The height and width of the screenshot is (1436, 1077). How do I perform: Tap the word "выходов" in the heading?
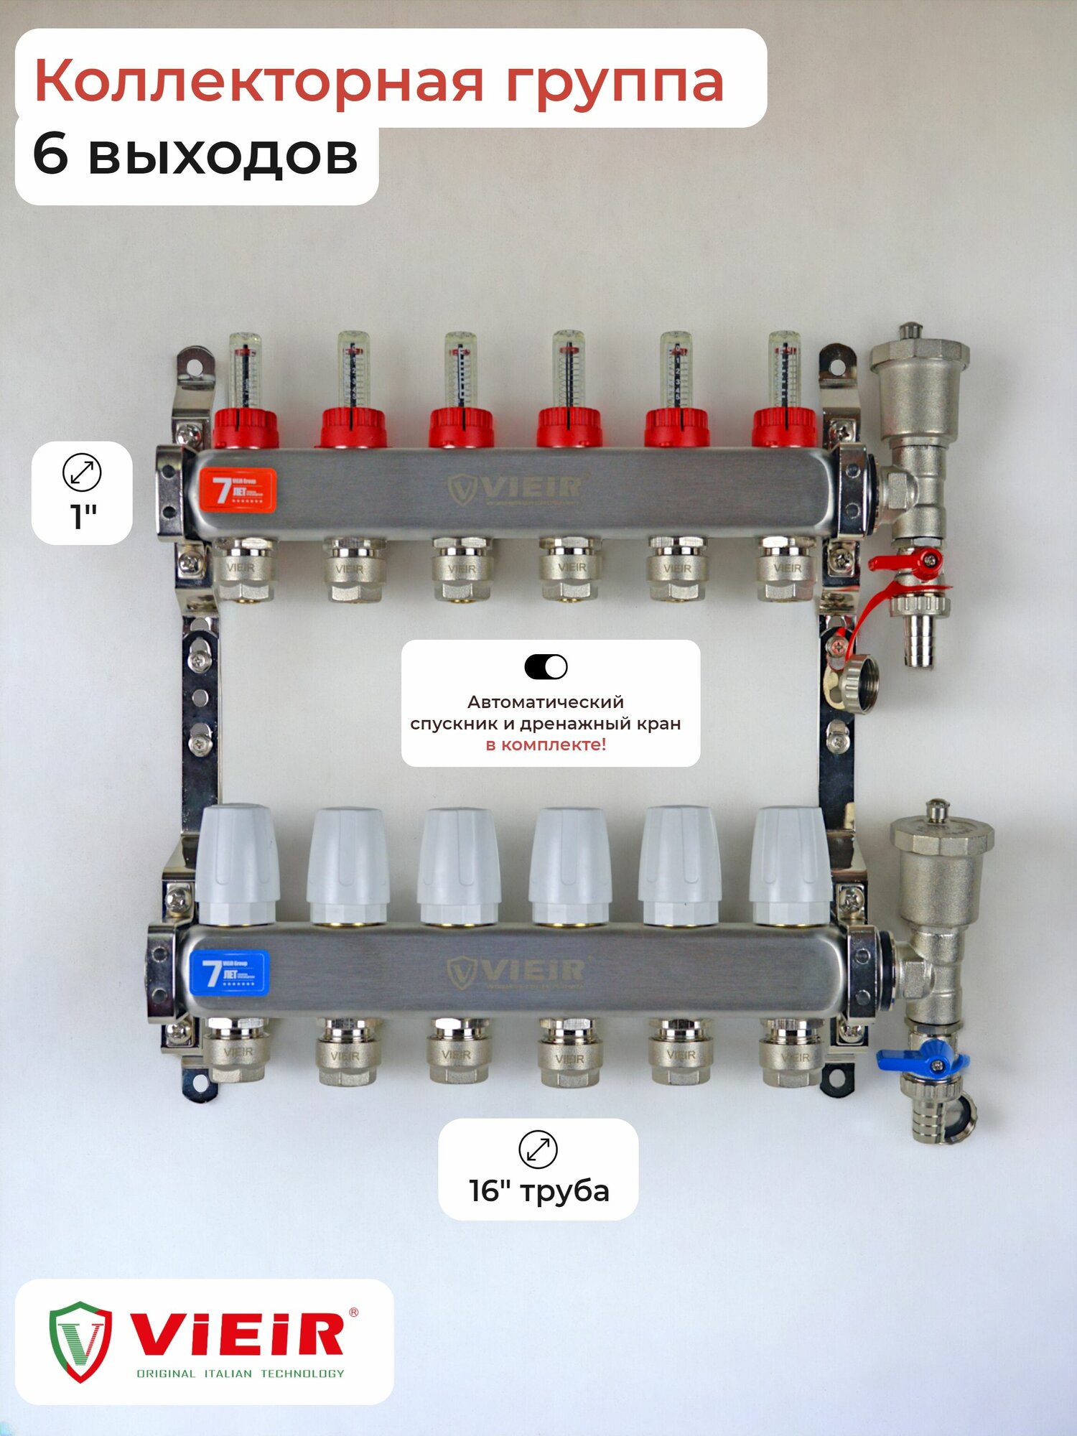coord(223,155)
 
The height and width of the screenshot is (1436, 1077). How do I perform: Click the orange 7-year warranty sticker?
coord(238,490)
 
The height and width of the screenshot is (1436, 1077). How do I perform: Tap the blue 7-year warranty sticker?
coord(229,972)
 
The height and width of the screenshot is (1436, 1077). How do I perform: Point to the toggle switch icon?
coord(546,667)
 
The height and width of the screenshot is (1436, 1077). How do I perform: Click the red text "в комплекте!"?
coord(546,745)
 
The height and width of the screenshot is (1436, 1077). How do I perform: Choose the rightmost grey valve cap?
coord(790,864)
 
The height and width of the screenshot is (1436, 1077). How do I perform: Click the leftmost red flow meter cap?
coord(246,428)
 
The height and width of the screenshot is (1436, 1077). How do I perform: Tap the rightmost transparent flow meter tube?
coord(784,370)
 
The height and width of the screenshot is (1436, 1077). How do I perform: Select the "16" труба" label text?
coord(539,1191)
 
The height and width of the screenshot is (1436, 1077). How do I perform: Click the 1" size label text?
coord(83,516)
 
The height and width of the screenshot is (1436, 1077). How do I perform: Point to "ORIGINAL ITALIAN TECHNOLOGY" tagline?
coord(240,1374)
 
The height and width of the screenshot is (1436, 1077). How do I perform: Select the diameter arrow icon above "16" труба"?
coord(538,1150)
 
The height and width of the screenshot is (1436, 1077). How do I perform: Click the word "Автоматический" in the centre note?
coord(546,701)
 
